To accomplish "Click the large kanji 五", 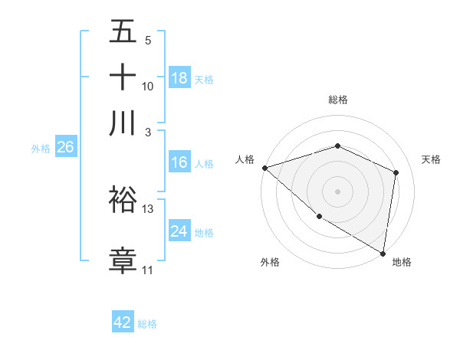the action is [123, 32].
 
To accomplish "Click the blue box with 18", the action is [179, 78].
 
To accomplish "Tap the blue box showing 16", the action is [179, 162].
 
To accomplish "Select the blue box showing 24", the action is [179, 231].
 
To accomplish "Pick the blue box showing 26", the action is [64, 148].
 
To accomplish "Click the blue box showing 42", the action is [123, 322].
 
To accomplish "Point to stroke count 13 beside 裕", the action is [148, 208].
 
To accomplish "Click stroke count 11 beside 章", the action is [147, 270].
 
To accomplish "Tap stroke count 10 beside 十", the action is [148, 86].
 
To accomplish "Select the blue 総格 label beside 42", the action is [147, 324].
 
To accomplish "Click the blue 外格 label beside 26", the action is [40, 149].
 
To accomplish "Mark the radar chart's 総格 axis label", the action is [338, 100].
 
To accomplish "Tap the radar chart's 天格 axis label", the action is [432, 159].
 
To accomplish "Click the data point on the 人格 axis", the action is [264, 168].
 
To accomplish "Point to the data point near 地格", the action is [383, 253].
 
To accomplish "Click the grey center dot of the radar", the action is [338, 191].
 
